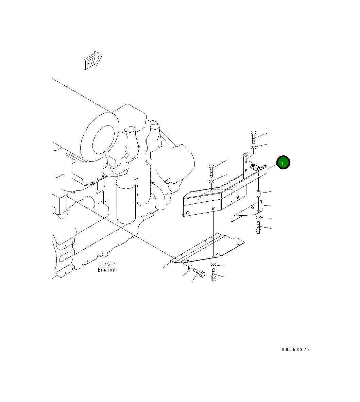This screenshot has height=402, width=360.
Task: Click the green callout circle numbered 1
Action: click(x=283, y=163)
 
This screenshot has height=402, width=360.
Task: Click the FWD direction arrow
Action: click(x=93, y=61)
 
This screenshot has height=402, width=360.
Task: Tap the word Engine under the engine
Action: click(x=107, y=270)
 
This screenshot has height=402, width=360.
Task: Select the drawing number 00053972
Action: click(x=296, y=349)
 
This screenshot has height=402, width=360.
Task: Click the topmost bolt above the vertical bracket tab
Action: click(x=253, y=137)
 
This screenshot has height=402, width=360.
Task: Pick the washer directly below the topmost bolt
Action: click(x=253, y=148)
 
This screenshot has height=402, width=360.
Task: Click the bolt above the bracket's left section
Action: click(x=211, y=171)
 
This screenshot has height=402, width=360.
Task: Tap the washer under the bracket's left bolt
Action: click(x=212, y=182)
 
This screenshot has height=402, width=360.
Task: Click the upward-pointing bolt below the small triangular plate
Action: click(x=258, y=228)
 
